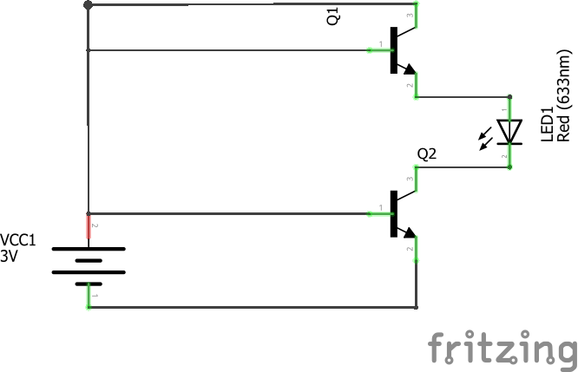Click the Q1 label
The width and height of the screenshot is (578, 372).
click(x=333, y=15)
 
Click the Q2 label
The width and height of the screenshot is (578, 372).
click(x=427, y=154)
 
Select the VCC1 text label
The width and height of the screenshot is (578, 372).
click(x=17, y=240)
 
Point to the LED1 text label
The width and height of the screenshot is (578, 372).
click(x=547, y=124)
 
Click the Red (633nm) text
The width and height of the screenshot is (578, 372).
click(x=564, y=95)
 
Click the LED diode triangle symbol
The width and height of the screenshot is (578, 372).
click(x=510, y=131)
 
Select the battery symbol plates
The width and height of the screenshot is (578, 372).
click(x=89, y=265)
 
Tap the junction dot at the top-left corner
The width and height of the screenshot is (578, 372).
click(x=88, y=5)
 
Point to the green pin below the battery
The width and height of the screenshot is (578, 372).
click(x=88, y=297)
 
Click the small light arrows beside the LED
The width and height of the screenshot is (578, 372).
click(x=486, y=135)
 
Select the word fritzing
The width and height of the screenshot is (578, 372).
click(x=502, y=349)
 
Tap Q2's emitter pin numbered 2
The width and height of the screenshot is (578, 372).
click(x=417, y=251)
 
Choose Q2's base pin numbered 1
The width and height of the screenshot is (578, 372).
click(x=379, y=213)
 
